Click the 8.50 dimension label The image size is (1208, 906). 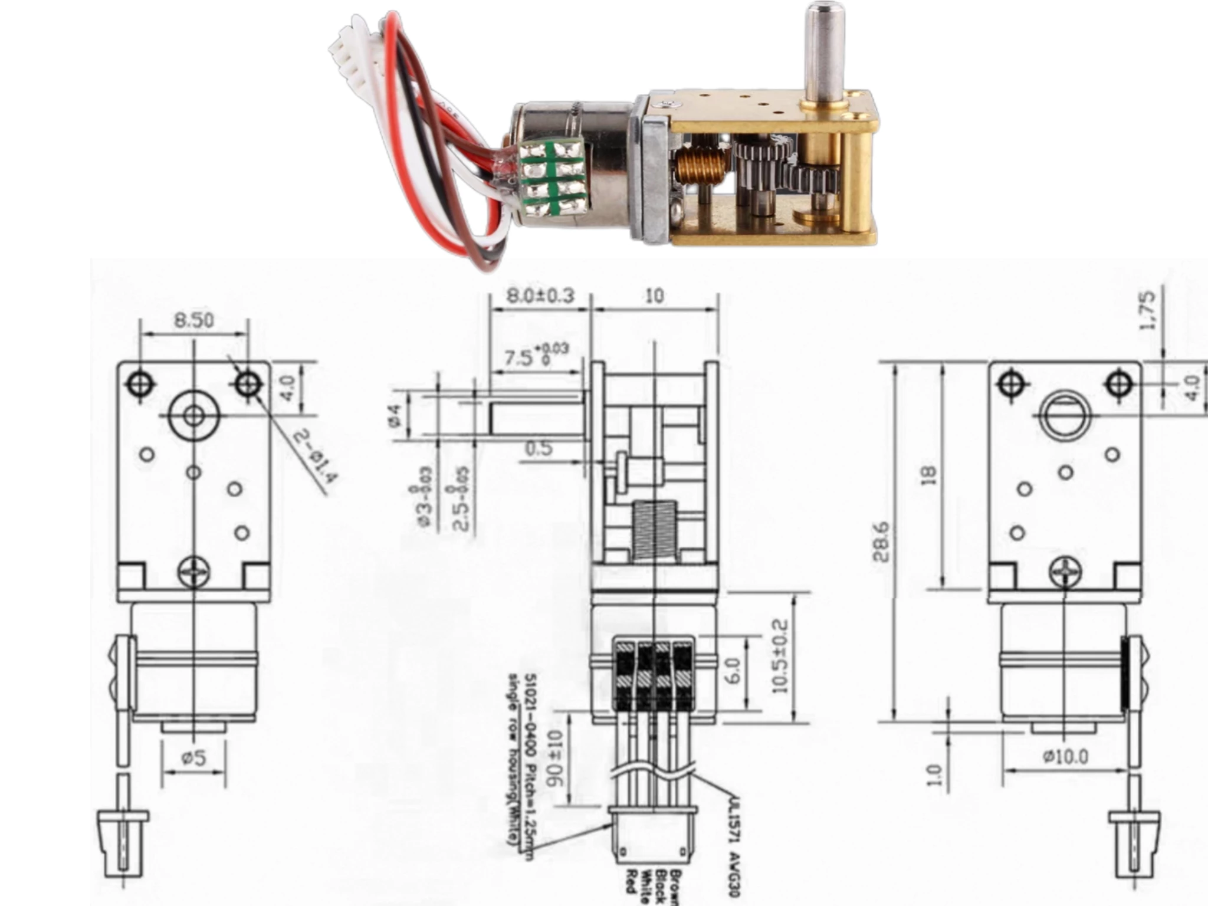[194, 320]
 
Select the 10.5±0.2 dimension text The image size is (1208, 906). [779, 656]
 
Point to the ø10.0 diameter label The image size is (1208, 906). [1065, 756]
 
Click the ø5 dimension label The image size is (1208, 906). [194, 757]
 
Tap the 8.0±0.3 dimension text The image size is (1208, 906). [540, 295]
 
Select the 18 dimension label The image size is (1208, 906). [928, 475]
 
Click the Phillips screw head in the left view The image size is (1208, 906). [193, 572]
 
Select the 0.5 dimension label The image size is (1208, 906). [539, 449]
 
